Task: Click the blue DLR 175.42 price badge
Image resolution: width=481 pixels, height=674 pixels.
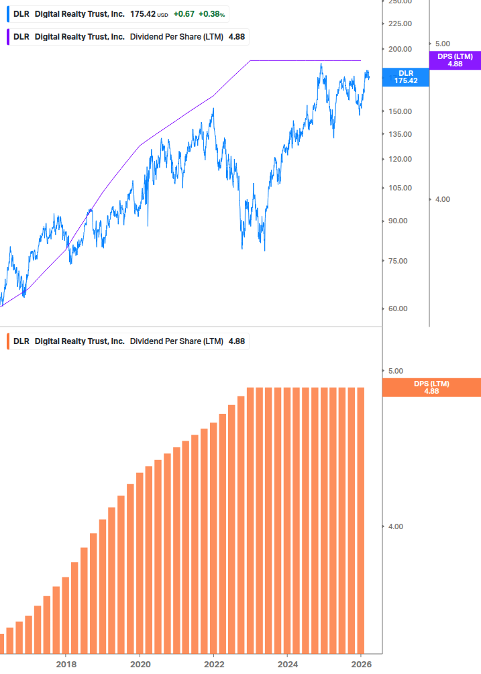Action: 405,76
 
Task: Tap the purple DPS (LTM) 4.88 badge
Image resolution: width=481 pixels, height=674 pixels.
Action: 455,60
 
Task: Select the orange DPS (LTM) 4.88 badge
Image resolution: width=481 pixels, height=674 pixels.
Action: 431,387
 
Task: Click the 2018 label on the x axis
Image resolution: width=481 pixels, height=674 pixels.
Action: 66,664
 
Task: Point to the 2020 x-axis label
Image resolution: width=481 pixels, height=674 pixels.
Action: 140,664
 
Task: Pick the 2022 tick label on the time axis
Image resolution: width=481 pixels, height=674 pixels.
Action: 213,664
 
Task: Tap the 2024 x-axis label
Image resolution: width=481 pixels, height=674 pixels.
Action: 287,664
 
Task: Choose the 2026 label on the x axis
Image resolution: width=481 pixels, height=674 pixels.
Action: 361,664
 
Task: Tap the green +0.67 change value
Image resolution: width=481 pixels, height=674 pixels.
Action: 183,14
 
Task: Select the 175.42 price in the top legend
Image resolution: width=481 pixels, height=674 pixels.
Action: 144,14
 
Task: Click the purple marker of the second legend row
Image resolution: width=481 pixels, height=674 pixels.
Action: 7,37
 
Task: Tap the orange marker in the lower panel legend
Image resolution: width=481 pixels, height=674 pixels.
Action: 7,341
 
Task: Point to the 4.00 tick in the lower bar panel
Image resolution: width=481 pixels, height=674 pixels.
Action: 396,526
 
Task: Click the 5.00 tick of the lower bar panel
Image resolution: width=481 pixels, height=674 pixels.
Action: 396,371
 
